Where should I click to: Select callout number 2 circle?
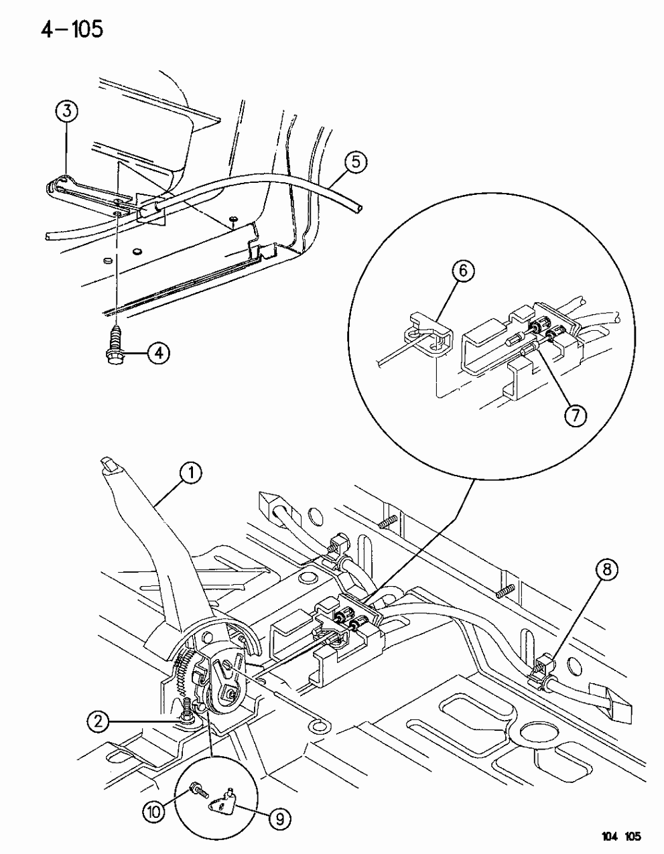[x=99, y=722]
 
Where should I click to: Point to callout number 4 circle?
[x=158, y=353]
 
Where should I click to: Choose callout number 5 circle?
[x=355, y=162]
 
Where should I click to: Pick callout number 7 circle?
[x=576, y=415]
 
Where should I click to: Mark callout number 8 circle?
[x=607, y=571]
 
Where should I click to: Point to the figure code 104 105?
[x=617, y=837]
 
